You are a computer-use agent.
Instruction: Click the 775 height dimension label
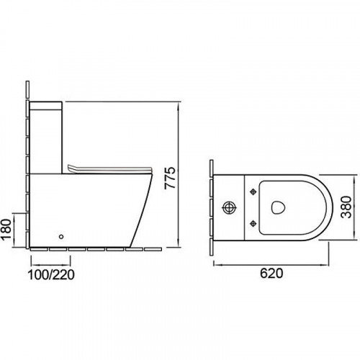[x=170, y=178]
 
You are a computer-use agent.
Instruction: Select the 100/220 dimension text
[x=51, y=274]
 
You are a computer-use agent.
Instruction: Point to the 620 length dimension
[x=271, y=273]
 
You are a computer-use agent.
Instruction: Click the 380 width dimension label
[x=346, y=207]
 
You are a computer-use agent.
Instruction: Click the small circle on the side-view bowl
[x=61, y=237]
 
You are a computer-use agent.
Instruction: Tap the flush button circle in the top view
[x=230, y=207]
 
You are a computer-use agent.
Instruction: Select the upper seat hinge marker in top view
[x=253, y=192]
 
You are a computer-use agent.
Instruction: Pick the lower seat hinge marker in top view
[x=253, y=224]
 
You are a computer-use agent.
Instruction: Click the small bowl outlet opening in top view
[x=279, y=207]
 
